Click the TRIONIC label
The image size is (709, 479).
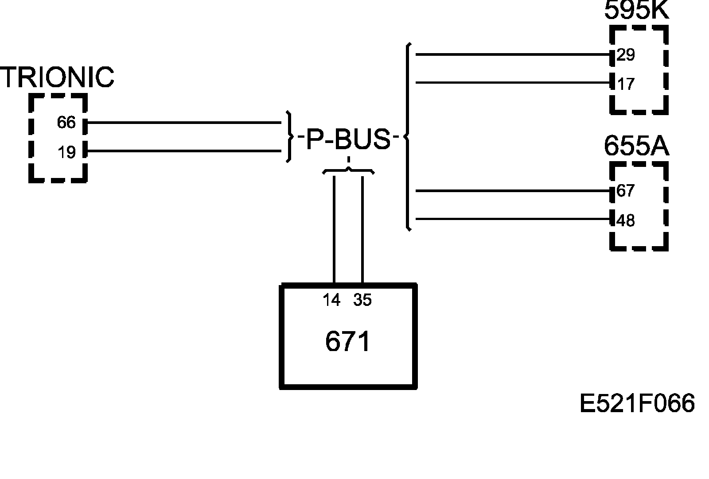[x=57, y=77]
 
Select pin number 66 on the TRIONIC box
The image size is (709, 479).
[x=66, y=123]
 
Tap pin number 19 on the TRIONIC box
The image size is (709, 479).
[x=67, y=152]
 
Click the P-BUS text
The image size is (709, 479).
[x=348, y=139]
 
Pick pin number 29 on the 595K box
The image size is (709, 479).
[x=626, y=55]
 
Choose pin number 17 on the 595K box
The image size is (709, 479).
[x=626, y=84]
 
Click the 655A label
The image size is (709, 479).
[x=636, y=146]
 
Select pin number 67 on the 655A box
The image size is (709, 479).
[x=626, y=191]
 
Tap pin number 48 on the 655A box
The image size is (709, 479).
[x=626, y=220]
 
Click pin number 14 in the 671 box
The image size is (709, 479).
[x=331, y=300]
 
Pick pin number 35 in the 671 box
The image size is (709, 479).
[x=362, y=300]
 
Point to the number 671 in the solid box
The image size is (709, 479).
[x=348, y=342]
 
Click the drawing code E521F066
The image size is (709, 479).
[x=637, y=404]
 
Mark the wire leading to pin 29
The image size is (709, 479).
[x=510, y=55]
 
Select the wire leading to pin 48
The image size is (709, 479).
[x=510, y=219]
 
